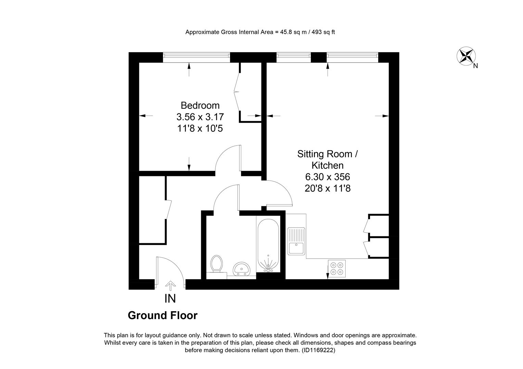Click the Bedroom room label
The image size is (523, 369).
200,106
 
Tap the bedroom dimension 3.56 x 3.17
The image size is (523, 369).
200,117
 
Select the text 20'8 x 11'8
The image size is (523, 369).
328,188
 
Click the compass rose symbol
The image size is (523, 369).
466,56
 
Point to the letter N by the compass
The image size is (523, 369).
476,66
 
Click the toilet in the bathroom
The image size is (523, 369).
216,264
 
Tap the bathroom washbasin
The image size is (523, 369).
242,269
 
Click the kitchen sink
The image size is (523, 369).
296,241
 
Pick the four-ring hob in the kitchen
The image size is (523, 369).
337,269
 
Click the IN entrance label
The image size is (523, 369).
170,299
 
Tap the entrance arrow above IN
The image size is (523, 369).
170,286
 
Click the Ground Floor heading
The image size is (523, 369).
163,315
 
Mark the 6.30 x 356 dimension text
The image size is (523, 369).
328,177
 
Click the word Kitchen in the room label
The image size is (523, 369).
328,165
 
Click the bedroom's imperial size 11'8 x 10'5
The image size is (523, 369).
200,128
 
